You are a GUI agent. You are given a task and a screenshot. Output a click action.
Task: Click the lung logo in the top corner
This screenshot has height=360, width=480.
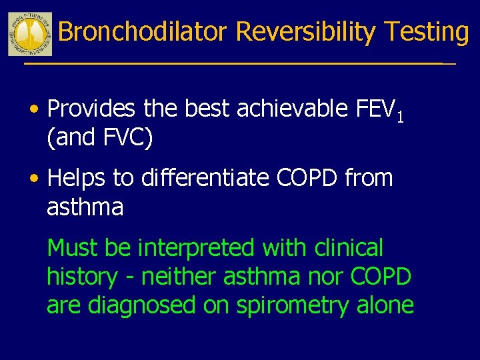click(30, 34)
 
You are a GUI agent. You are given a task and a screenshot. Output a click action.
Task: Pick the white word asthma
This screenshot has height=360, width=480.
click(85, 207)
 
